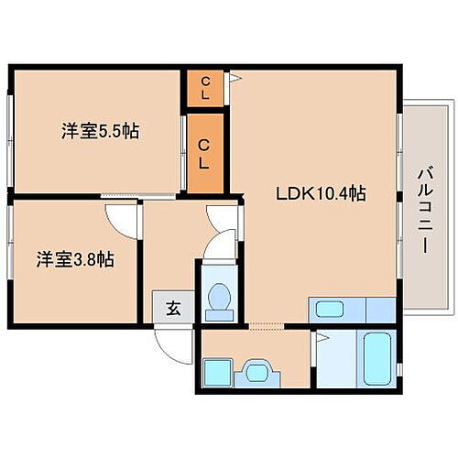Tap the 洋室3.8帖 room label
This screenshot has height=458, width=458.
coord(75,259)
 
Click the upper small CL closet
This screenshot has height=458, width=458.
coord(206,90)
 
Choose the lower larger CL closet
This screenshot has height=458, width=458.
coord(206,151)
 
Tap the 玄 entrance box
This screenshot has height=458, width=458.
coord(171,308)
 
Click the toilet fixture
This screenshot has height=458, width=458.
coord(220,300)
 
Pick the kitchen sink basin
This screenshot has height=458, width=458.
coord(325,310)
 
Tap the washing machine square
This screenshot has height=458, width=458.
coord(216,373)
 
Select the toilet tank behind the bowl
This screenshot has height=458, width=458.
coord(220,314)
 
